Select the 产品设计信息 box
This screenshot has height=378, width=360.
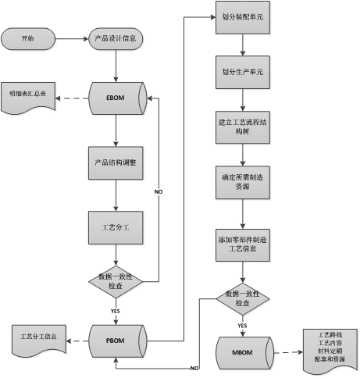pyautogui.click(x=115, y=38)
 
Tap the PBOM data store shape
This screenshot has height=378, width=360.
pyautogui.click(x=115, y=340)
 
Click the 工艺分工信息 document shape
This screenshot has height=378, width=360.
pyautogui.click(x=37, y=339)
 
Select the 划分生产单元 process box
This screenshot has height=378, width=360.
pyautogui.click(x=242, y=72)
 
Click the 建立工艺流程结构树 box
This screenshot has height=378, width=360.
pyautogui.click(x=242, y=127)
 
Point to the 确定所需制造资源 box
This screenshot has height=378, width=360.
pyautogui.click(x=242, y=182)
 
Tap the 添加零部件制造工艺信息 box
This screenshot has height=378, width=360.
pyautogui.click(x=242, y=244)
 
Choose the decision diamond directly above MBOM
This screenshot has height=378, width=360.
pyautogui.click(x=242, y=298)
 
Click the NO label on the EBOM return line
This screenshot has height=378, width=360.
pyautogui.click(x=158, y=191)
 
